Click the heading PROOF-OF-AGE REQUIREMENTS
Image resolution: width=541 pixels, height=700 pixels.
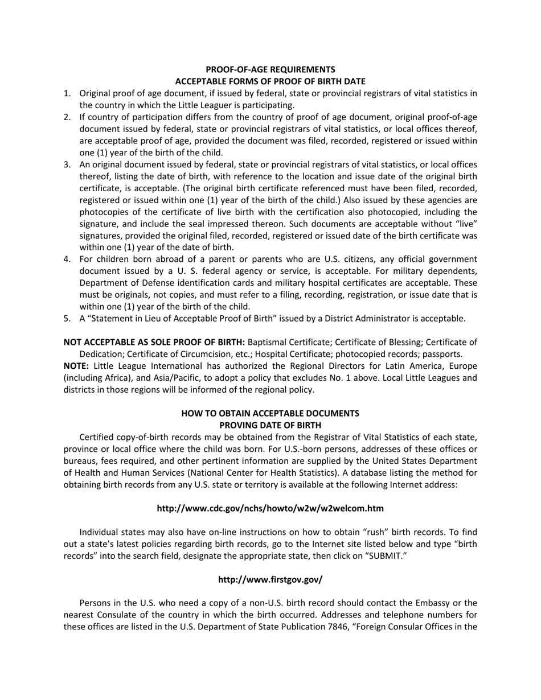[x=270, y=69]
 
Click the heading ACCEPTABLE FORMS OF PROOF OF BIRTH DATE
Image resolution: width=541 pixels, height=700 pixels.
[x=270, y=81]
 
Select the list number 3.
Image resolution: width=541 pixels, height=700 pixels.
[x=67, y=164]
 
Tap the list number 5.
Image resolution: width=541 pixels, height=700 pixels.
[x=67, y=319]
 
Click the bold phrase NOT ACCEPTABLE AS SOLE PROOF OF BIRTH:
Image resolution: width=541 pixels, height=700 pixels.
[x=154, y=342]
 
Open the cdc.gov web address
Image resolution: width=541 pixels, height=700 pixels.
[x=270, y=508]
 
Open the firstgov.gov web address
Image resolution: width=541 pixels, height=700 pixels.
[x=270, y=579]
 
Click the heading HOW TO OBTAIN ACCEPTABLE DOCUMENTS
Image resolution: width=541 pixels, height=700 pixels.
[x=270, y=413]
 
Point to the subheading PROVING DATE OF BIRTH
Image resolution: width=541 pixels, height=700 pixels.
[x=270, y=425]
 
